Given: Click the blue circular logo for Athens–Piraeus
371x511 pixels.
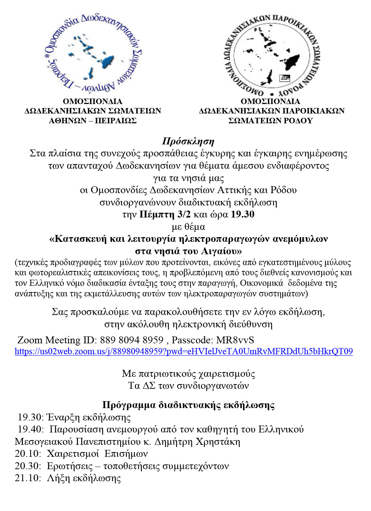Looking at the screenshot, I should click(x=92, y=52).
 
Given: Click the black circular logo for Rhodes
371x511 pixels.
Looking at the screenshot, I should click(x=272, y=52).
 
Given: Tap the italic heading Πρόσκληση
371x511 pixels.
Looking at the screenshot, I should click(x=188, y=141).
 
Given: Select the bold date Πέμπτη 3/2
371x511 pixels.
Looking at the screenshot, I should click(x=165, y=214).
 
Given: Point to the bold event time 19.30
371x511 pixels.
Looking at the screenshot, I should click(x=242, y=214).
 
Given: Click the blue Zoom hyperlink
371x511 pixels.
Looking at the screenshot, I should click(x=184, y=351).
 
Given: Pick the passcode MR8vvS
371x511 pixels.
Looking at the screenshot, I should click(x=235, y=340).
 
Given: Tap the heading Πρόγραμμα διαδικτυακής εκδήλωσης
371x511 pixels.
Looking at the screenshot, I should click(x=188, y=405).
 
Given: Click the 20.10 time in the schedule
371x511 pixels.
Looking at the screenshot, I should click(x=28, y=454).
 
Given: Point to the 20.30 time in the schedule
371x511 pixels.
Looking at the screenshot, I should click(x=28, y=466).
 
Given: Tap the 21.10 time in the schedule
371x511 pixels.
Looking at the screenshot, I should click(x=28, y=478).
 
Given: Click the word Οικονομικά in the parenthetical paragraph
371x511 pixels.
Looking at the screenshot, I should click(x=259, y=283).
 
